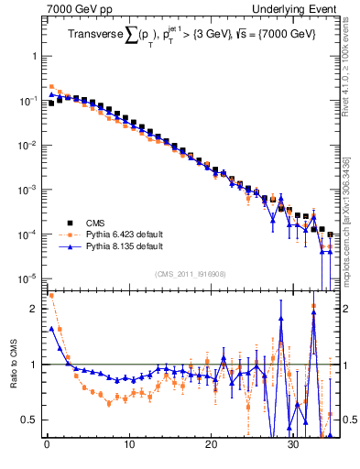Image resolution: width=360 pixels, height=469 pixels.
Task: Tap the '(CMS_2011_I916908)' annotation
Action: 191,274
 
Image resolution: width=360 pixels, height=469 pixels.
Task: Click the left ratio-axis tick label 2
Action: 34,309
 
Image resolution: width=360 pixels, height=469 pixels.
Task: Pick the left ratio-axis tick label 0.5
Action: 30,420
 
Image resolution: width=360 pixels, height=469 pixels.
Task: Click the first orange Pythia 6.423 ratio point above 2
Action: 50,296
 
